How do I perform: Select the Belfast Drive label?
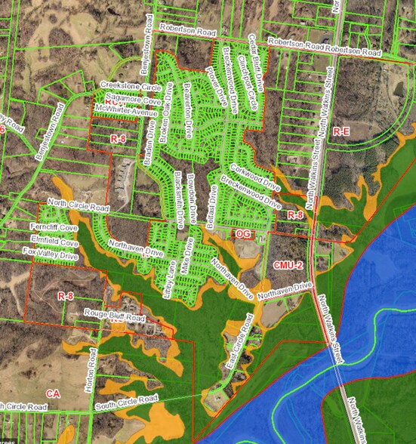coord(214,204)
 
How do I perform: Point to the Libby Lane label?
coord(171,275)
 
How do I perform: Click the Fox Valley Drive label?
coord(50,255)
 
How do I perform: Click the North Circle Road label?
coord(79,205)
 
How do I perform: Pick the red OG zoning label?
coord(242,235)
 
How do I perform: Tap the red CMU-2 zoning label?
coord(288,266)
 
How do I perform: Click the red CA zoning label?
coord(52,393)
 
